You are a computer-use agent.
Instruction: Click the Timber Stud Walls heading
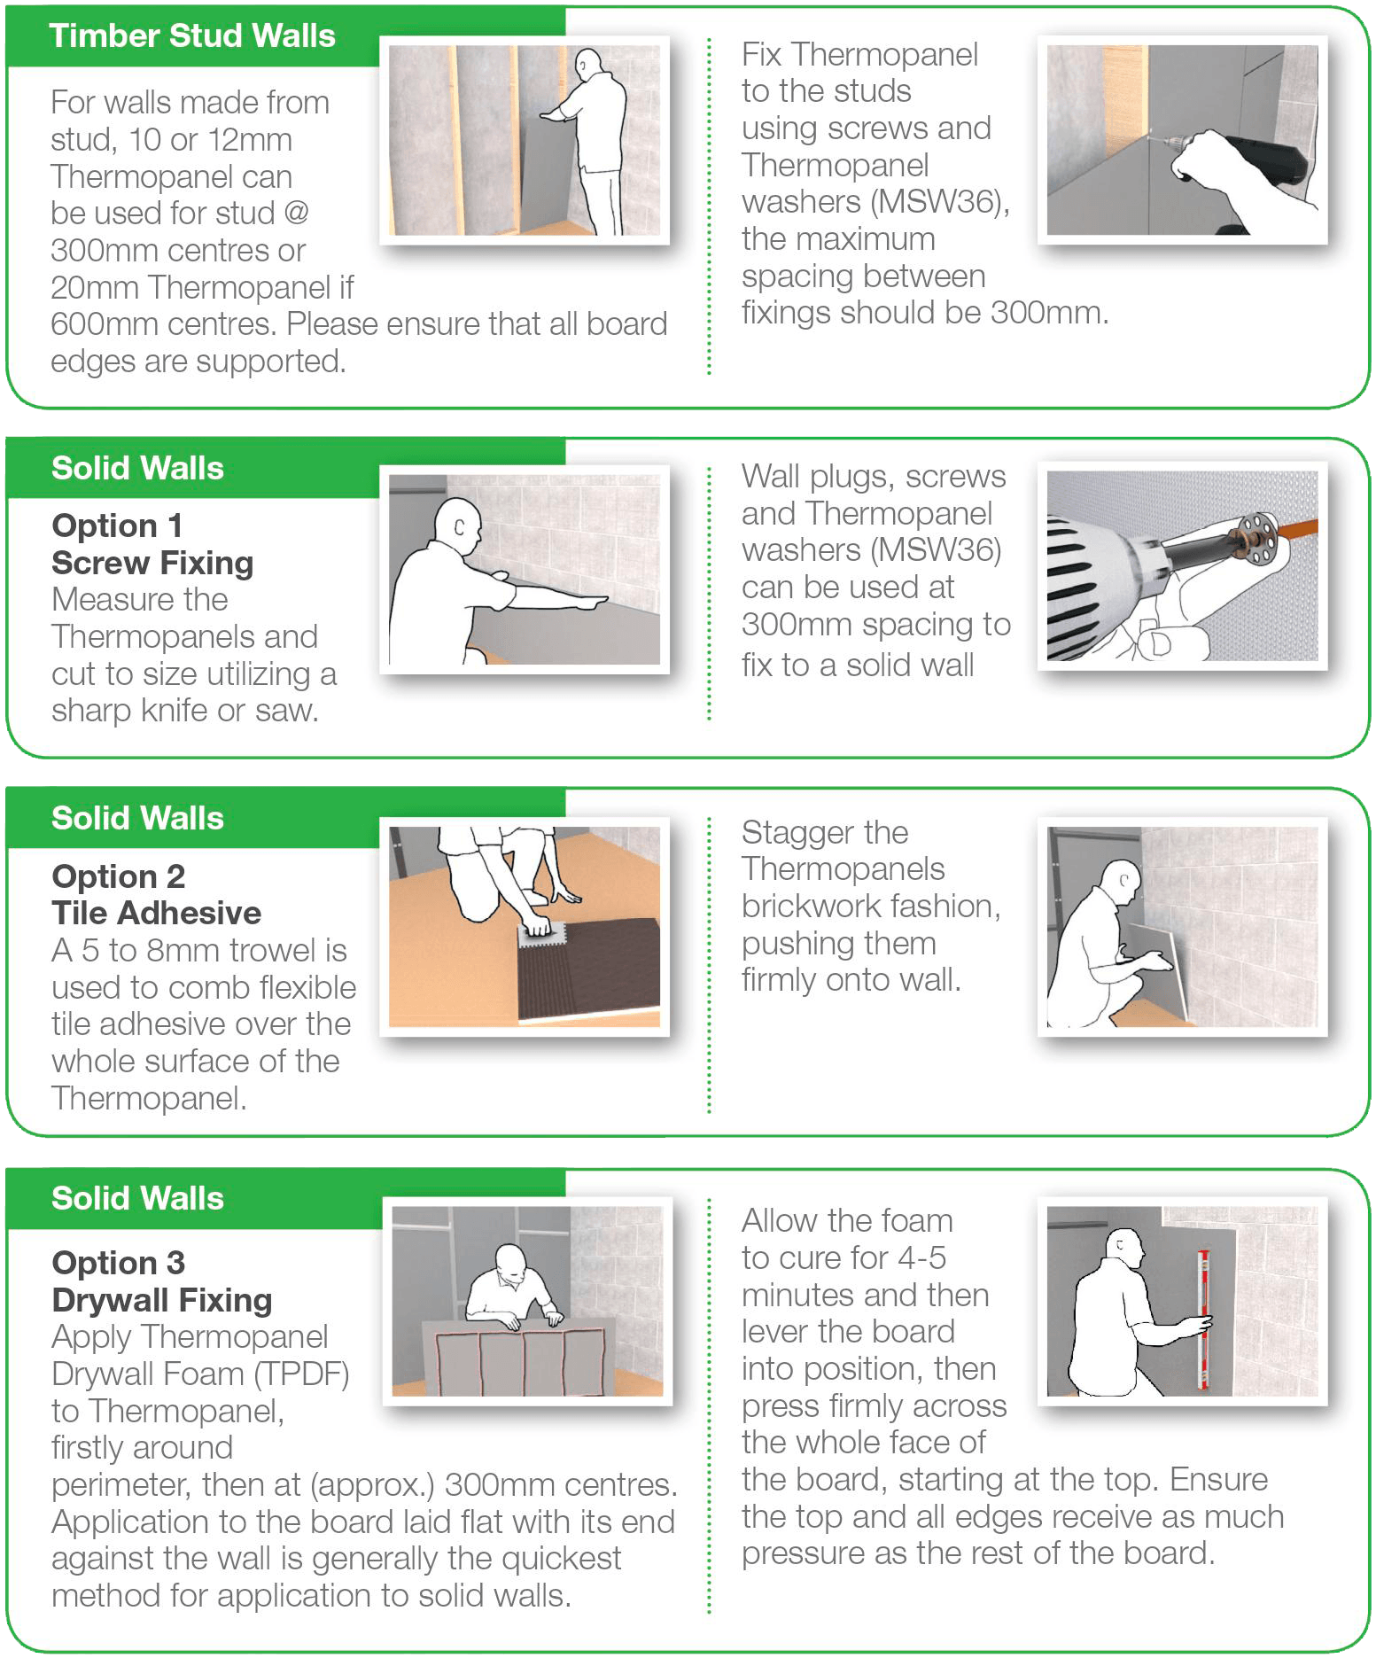click(x=191, y=36)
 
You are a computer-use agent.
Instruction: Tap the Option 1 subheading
click(x=117, y=525)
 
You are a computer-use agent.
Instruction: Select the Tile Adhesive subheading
click(x=156, y=913)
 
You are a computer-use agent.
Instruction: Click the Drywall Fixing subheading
click(x=161, y=1300)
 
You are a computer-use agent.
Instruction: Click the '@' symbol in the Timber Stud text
click(x=296, y=214)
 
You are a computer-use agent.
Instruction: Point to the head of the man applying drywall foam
click(x=511, y=1263)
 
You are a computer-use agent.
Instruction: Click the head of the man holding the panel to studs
click(x=588, y=66)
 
